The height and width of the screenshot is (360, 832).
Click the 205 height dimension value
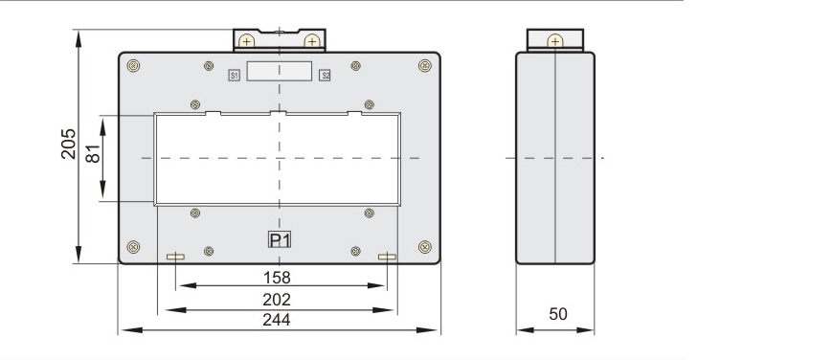[x=68, y=144]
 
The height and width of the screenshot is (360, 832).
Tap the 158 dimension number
[x=277, y=278]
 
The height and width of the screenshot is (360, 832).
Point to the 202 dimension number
[x=277, y=300]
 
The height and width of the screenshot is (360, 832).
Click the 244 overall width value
[x=277, y=320]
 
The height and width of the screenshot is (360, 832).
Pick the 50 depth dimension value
[x=558, y=314]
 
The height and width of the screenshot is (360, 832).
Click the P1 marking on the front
[x=280, y=240]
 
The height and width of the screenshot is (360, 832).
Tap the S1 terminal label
[x=234, y=76]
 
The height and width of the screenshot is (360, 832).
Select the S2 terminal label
[x=326, y=76]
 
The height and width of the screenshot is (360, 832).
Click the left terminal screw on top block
[x=246, y=41]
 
